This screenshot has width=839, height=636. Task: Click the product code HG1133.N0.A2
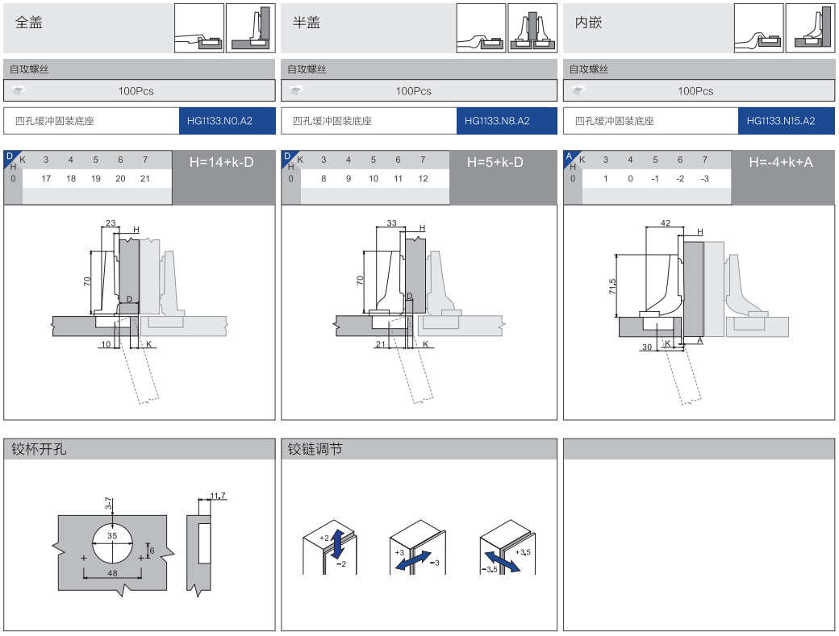coord(219,122)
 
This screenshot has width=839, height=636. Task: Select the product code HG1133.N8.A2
coord(497,122)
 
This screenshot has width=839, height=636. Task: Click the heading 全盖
coord(29,23)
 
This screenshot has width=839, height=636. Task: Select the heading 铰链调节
coord(315,449)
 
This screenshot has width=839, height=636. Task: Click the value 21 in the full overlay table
coord(145,178)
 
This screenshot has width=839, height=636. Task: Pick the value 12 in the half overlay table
coord(423,178)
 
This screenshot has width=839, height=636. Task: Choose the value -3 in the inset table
coord(704,178)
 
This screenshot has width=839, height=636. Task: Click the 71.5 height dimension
coord(613,287)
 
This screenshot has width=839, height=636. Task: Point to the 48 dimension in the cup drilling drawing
coord(112,573)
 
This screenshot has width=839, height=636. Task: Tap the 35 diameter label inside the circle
coord(112,536)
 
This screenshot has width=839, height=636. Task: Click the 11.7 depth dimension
coord(218,496)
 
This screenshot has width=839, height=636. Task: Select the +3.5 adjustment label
coord(523,552)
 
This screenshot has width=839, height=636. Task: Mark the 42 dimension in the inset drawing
coord(666,222)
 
